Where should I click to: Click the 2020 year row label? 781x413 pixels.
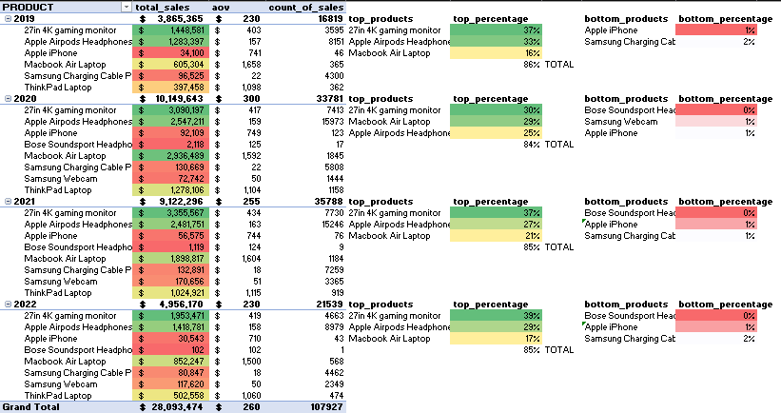[25, 98]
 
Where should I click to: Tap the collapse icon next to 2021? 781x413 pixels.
[7, 201]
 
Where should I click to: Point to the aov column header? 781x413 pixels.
[222, 6]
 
